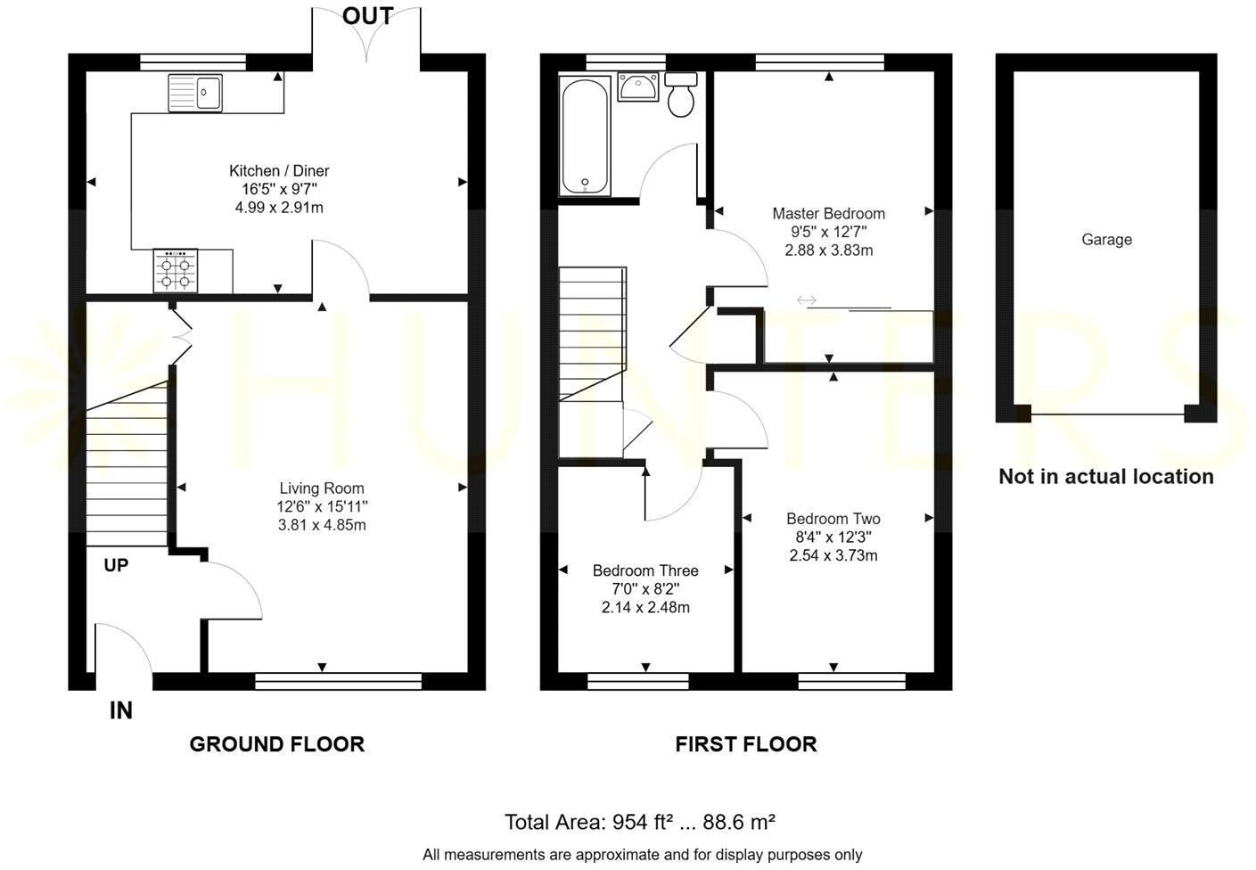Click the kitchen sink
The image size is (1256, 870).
[195, 93]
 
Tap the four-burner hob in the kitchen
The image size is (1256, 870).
[176, 271]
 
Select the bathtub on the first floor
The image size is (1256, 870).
[585, 135]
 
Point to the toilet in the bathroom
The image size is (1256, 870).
[682, 95]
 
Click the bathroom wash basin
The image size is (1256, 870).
[638, 88]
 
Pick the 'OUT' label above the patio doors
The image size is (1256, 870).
[367, 16]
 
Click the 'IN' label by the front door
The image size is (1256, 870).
[121, 710]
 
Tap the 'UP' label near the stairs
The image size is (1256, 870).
[116, 565]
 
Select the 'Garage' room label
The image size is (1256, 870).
[1106, 240]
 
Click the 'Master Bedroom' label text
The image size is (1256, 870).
[828, 214]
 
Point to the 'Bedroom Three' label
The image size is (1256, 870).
[645, 570]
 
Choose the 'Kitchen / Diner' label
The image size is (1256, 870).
[279, 171]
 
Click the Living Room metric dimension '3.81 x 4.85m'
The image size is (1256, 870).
[322, 525]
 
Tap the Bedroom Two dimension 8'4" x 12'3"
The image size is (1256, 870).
[833, 537]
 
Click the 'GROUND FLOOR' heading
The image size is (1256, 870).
[276, 744]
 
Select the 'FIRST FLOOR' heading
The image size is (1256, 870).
[745, 744]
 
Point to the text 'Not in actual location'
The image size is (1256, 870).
[1105, 477]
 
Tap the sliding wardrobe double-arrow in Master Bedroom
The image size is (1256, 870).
[806, 300]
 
